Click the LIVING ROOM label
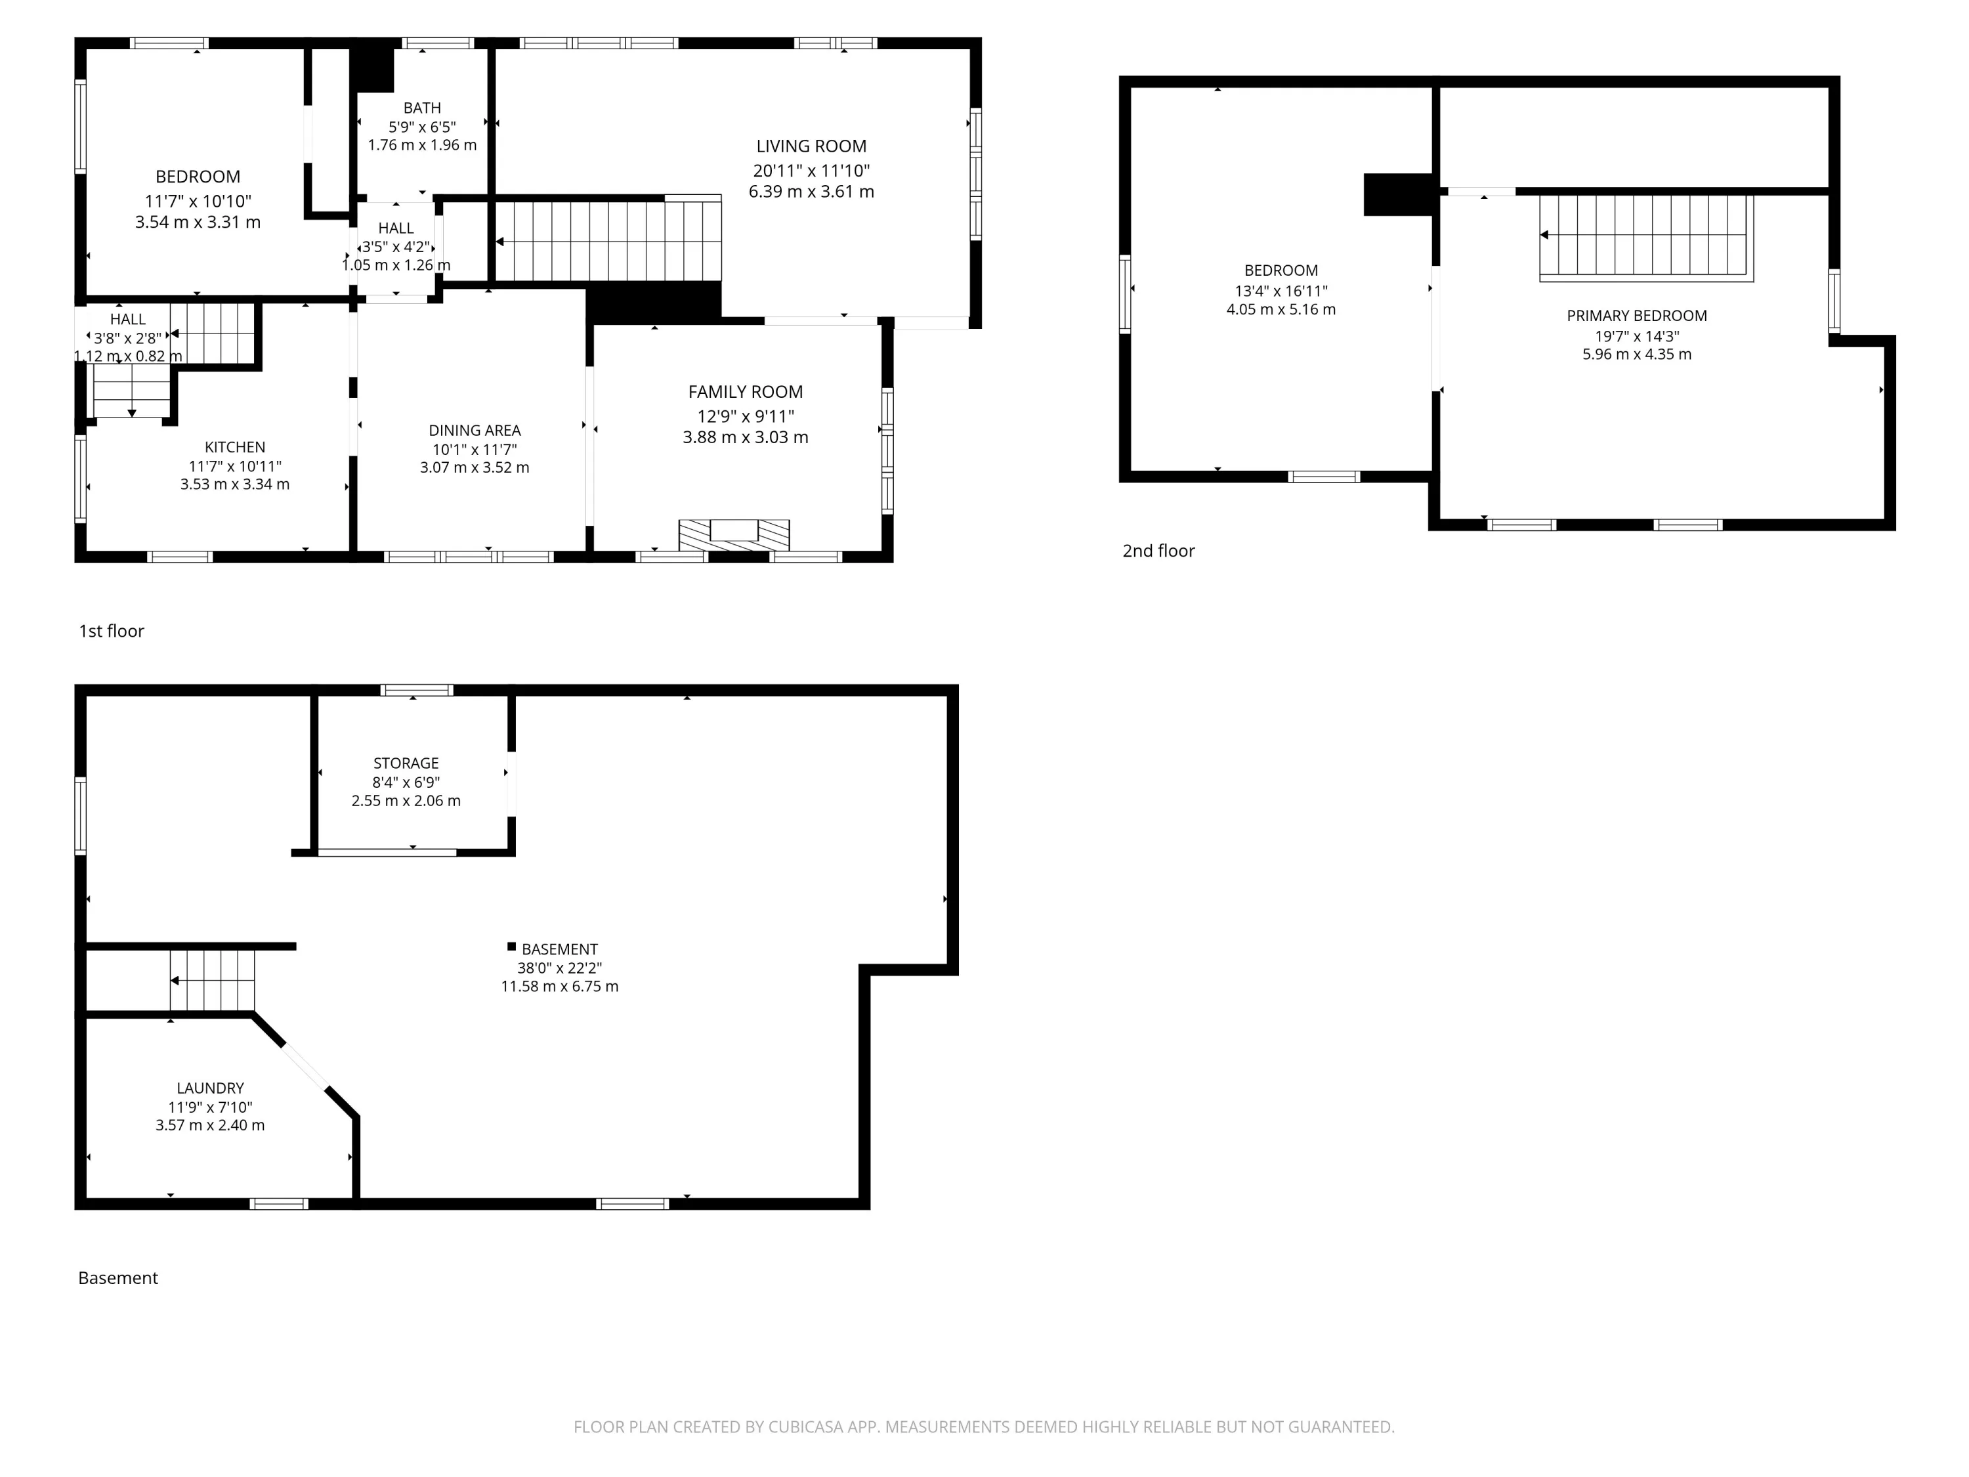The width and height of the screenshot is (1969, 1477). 811,146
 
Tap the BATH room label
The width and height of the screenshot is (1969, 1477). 422,108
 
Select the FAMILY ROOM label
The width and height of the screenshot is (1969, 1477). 745,392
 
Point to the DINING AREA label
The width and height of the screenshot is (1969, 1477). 475,430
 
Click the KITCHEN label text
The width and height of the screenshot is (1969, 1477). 235,447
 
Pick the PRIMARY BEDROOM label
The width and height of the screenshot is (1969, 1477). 1636,315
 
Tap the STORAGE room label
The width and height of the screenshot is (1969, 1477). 406,763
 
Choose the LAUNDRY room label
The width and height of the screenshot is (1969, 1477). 210,1088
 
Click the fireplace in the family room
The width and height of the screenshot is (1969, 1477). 734,534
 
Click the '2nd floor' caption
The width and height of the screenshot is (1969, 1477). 1158,551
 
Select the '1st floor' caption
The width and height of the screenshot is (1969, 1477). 112,631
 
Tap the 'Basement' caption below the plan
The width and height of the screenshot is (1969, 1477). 118,1279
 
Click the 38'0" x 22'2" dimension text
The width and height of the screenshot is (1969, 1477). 560,968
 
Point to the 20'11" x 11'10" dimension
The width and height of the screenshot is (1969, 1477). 811,170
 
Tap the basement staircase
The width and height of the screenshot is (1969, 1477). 213,980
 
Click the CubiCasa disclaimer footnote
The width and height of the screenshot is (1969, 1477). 984,1427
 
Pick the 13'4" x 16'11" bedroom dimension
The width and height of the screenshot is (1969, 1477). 1281,291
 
